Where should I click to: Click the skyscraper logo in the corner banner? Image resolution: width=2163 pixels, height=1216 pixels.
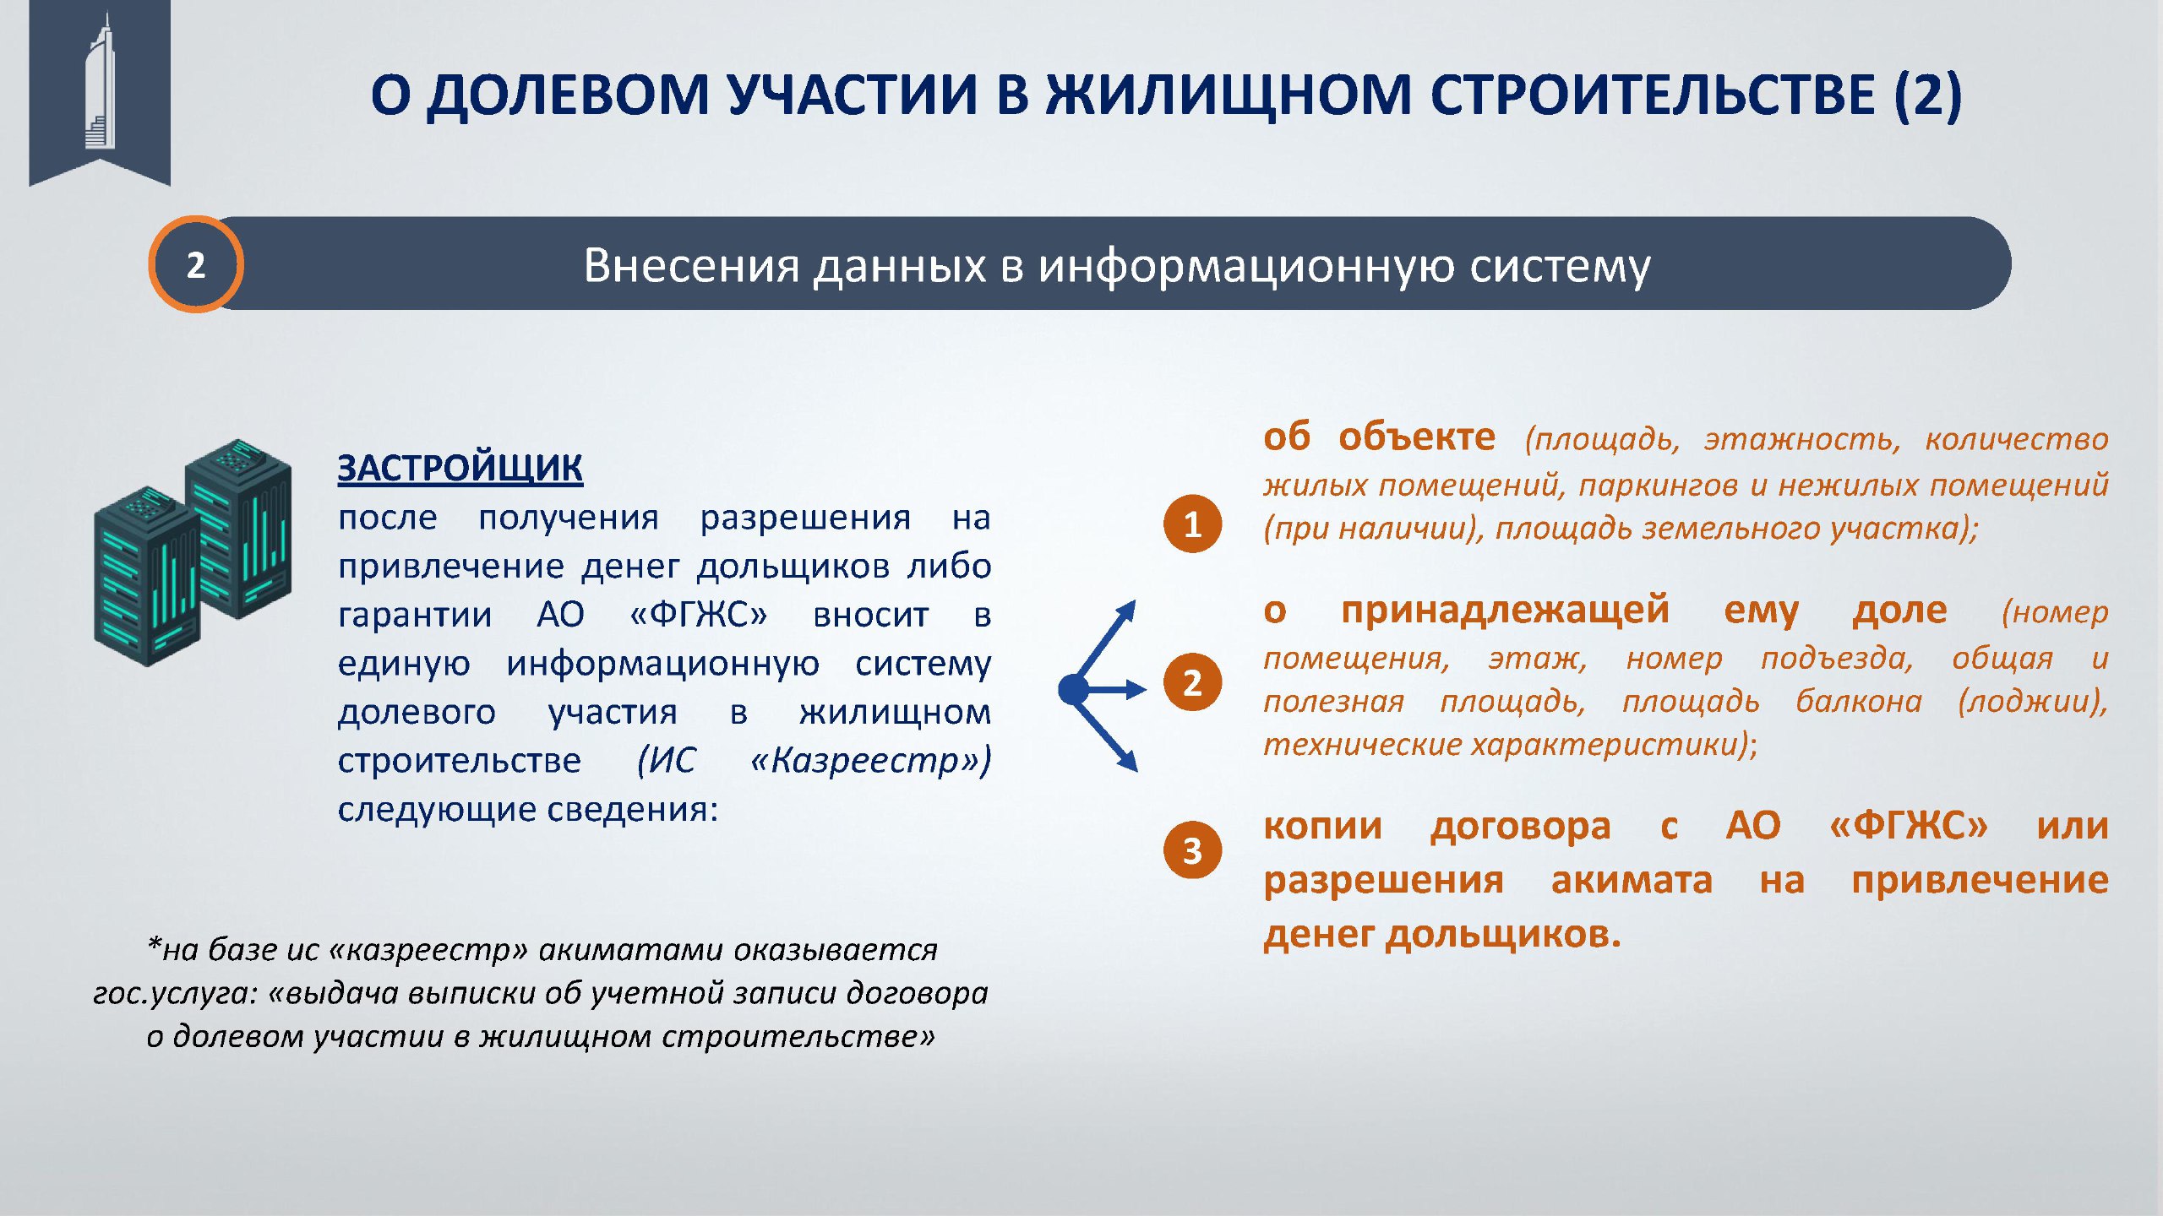(x=100, y=81)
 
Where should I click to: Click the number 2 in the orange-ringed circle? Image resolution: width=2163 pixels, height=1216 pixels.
(x=196, y=265)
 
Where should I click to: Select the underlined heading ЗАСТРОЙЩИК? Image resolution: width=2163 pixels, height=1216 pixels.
(x=460, y=468)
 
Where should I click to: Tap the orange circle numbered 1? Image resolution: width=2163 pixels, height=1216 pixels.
(x=1192, y=524)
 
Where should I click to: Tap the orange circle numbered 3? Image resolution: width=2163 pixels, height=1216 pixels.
(x=1192, y=850)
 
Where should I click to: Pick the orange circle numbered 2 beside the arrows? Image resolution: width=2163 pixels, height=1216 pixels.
(x=1192, y=682)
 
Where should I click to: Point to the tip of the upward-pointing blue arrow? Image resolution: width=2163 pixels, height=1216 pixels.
(x=1134, y=601)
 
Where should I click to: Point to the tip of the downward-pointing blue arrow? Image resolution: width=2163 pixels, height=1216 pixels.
(x=1137, y=771)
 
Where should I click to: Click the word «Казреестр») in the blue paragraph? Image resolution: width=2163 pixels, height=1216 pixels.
(x=870, y=760)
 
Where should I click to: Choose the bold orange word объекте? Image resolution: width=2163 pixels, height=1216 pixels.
(x=1417, y=437)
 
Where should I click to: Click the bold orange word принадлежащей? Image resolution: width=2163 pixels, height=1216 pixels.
(x=1505, y=610)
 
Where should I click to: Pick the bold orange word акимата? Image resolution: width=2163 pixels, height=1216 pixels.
(x=1632, y=880)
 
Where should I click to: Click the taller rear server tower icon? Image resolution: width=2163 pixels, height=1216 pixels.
(x=238, y=528)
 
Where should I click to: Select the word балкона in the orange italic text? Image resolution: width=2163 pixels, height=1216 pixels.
(x=1858, y=701)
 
